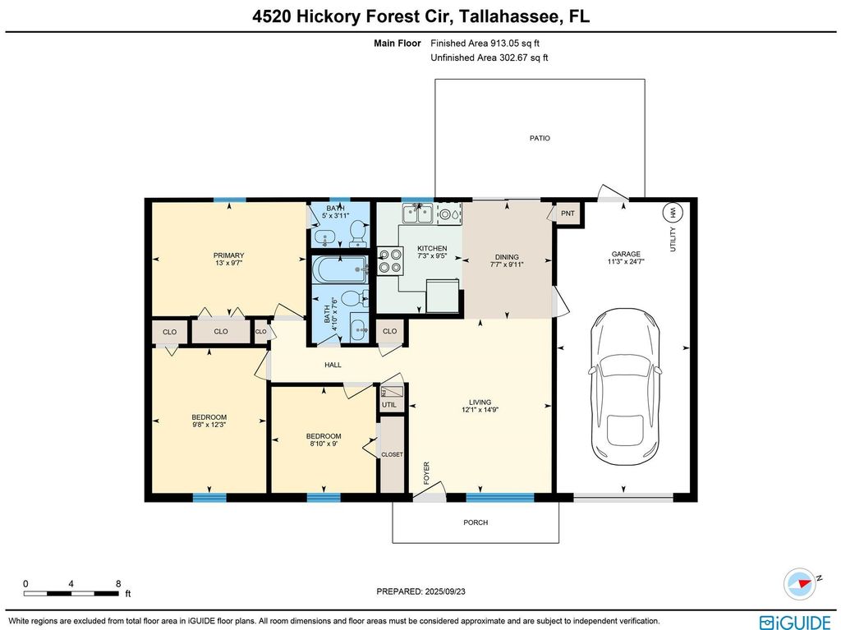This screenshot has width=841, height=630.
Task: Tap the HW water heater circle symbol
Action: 673,213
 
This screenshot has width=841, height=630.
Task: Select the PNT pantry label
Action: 568,214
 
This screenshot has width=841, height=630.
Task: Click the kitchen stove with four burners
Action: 390,261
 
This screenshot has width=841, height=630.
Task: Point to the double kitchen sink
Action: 418,214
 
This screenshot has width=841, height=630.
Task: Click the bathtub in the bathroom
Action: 341,269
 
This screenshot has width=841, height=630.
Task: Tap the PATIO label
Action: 540,138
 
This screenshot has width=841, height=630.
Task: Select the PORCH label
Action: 476,522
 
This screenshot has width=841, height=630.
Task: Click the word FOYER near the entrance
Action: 427,473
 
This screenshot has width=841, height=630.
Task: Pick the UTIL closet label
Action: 388,405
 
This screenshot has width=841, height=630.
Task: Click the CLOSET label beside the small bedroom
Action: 392,454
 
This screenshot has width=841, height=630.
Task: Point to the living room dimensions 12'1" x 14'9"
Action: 480,410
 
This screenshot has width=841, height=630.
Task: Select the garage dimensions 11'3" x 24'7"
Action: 626,262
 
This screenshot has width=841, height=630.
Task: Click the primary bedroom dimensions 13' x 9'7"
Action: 229,263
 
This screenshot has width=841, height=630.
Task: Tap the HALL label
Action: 333,365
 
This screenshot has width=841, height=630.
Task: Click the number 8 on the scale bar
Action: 118,584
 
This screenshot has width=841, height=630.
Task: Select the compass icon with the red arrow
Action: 800,584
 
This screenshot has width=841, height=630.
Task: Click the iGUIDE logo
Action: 795,623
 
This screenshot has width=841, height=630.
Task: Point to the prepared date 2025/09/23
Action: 445,591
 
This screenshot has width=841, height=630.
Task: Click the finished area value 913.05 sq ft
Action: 514,44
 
